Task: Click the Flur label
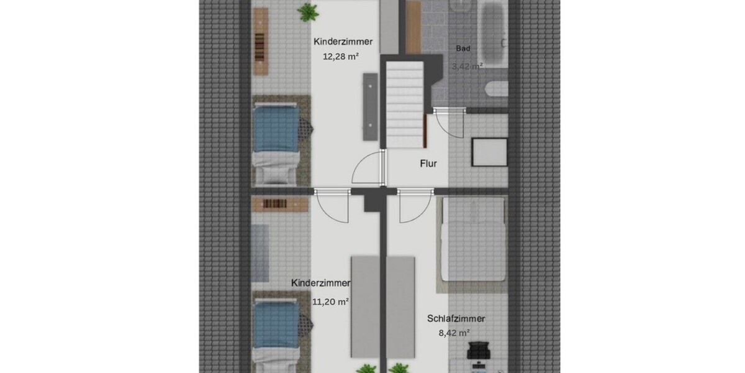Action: [428, 165]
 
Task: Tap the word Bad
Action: [463, 48]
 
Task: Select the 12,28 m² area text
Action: [340, 56]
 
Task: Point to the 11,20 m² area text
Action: [330, 302]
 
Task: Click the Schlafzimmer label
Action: [456, 319]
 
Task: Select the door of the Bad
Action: [449, 122]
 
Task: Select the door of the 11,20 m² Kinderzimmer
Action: [333, 205]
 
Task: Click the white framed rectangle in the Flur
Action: [490, 152]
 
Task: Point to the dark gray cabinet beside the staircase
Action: [371, 106]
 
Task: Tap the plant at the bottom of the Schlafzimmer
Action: [399, 367]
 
